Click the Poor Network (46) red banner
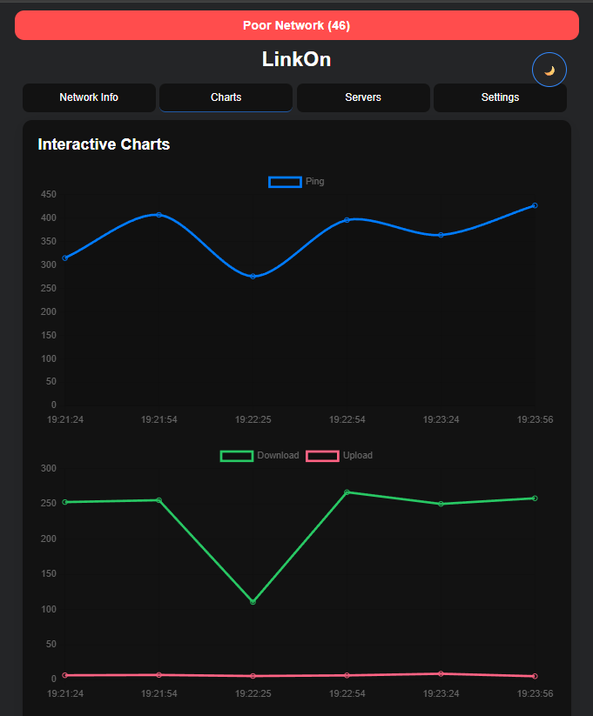point(296,25)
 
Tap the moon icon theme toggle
point(549,70)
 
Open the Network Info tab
point(89,97)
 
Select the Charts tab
point(226,97)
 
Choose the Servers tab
point(363,97)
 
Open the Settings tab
point(500,97)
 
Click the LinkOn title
point(296,59)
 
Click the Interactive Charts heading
point(104,144)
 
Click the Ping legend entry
point(297,182)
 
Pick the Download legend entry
point(260,456)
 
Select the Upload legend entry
point(340,456)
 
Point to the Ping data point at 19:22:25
point(253,277)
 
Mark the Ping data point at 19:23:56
point(535,205)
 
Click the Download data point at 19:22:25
point(253,602)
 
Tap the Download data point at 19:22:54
point(347,492)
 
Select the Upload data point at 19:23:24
point(441,673)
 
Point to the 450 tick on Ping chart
point(48,194)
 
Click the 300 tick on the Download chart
point(48,469)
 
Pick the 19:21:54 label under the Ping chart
point(158,420)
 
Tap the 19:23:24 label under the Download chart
point(441,694)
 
